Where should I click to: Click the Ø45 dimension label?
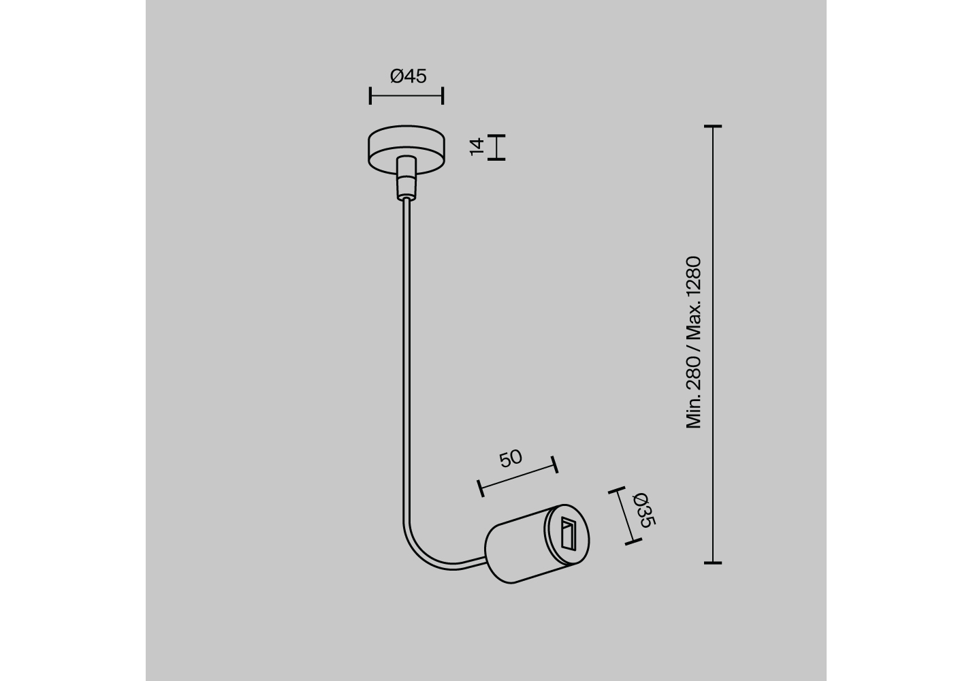409,76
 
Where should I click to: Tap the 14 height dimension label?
477,147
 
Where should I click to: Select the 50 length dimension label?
511,458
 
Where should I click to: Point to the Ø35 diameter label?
644,510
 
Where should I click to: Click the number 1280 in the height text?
694,278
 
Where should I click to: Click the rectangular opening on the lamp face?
568,534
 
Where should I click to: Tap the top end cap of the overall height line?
713,127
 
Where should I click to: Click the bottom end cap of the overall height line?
713,563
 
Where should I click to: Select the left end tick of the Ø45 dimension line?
370,95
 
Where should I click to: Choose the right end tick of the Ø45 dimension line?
443,95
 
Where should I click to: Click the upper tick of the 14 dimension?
496,136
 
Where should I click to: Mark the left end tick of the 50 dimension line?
481,488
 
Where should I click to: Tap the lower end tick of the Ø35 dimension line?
633,541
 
